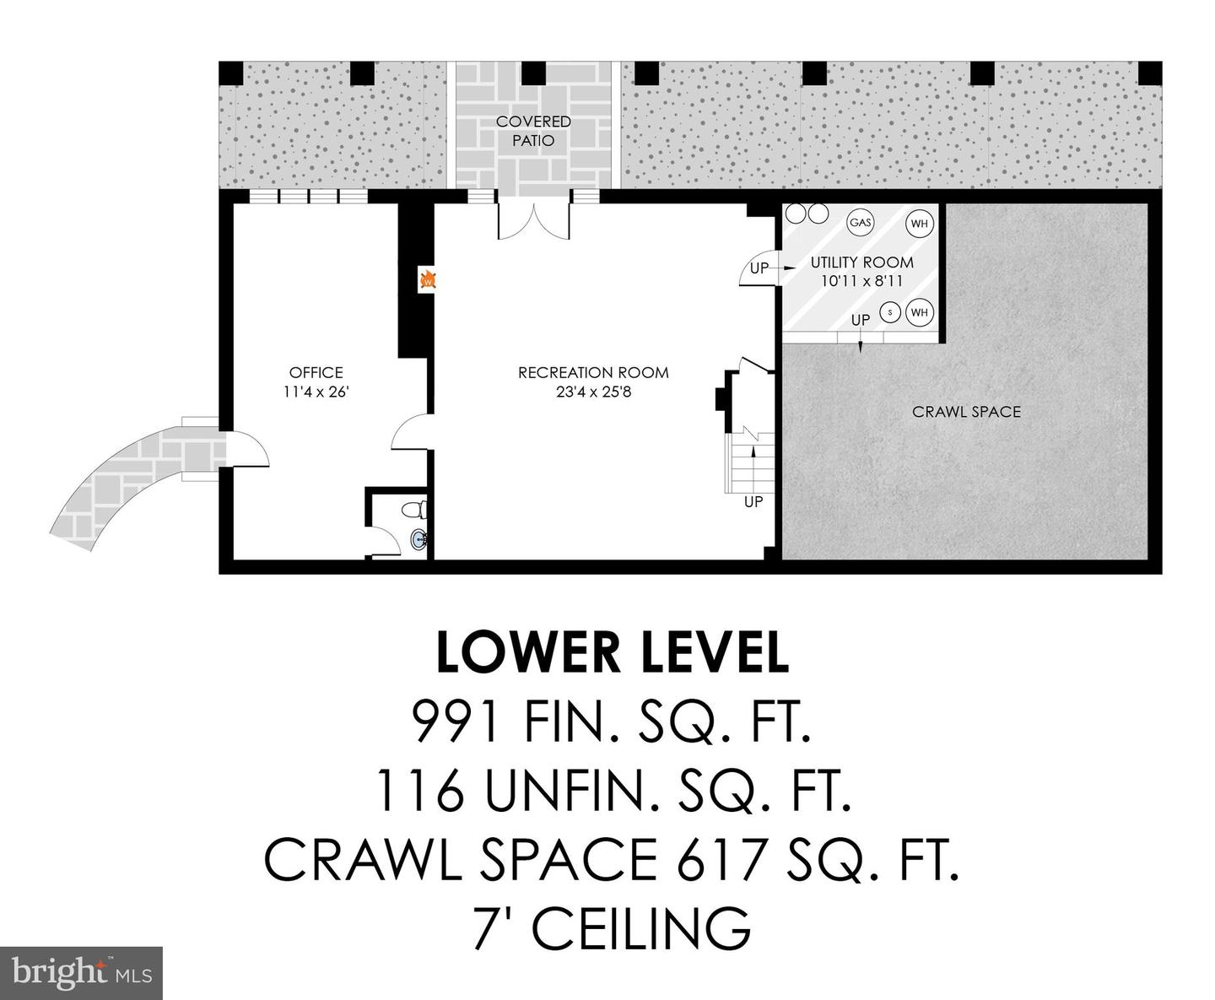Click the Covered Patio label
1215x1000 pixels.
pos(533,131)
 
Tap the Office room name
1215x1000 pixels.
pos(316,372)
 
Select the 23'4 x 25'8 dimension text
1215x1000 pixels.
pos(592,392)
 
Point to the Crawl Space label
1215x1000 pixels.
pos(966,412)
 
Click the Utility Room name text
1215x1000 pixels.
pos(861,262)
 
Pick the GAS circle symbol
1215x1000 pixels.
pos(861,223)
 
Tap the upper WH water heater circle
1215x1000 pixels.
pos(919,224)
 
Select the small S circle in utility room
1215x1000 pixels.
pos(889,312)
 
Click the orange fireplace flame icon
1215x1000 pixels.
pos(428,280)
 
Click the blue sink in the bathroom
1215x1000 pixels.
pos(418,538)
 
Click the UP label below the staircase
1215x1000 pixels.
pos(753,501)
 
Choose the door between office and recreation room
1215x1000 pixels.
pos(412,433)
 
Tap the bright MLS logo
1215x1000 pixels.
pos(81,973)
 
